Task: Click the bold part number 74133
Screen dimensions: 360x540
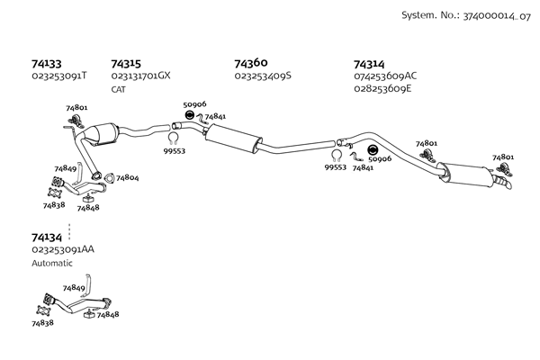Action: [x=46, y=64]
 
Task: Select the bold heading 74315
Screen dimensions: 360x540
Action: [x=126, y=64]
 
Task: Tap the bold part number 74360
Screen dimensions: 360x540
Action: [x=251, y=63]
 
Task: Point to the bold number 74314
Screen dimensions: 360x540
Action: [x=369, y=64]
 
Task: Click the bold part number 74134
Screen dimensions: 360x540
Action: [x=47, y=236]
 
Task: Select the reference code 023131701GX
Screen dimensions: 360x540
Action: [x=140, y=76]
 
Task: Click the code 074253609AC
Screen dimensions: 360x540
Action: [x=386, y=76]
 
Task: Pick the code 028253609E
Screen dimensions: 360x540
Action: [x=383, y=88]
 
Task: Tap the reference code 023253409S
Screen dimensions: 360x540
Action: [x=263, y=76]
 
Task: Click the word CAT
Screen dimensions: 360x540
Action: [x=118, y=89]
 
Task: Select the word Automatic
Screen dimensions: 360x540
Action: [x=51, y=263]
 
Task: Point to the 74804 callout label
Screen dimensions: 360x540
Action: [x=127, y=178]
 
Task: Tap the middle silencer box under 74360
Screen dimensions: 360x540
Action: [x=231, y=139]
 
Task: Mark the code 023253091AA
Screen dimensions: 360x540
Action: [x=63, y=248]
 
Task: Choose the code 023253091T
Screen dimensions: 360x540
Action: [x=58, y=76]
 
